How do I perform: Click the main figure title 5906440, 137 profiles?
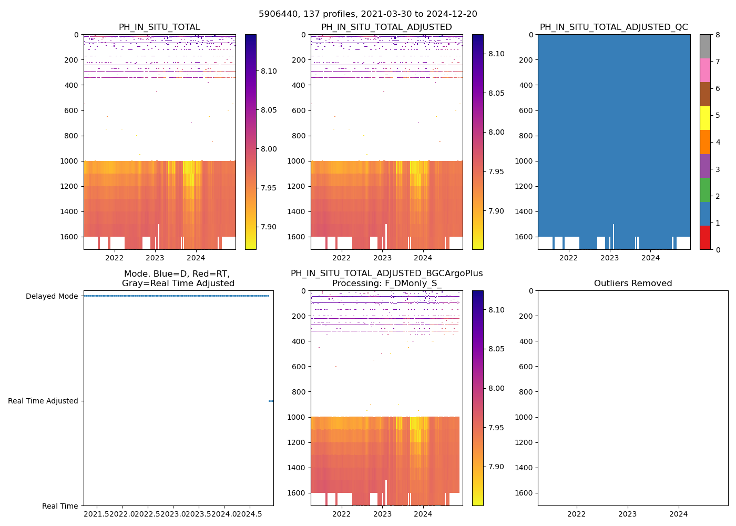[368, 14]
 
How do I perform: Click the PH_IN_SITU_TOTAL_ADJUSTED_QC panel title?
[614, 27]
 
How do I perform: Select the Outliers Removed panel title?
[633, 284]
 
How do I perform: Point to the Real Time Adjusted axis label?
[43, 401]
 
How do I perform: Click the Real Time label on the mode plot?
[60, 506]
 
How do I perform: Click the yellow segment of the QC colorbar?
[705, 118]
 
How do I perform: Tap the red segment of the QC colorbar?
[705, 238]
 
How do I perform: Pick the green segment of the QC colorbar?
[705, 189]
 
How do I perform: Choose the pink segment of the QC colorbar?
[705, 70]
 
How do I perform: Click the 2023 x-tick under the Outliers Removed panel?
[627, 513]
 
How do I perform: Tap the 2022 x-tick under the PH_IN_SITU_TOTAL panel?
[114, 258]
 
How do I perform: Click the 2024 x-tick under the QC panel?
[650, 258]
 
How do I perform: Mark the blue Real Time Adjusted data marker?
[271, 401]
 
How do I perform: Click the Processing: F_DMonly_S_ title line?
[386, 284]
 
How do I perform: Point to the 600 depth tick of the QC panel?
[527, 110]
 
